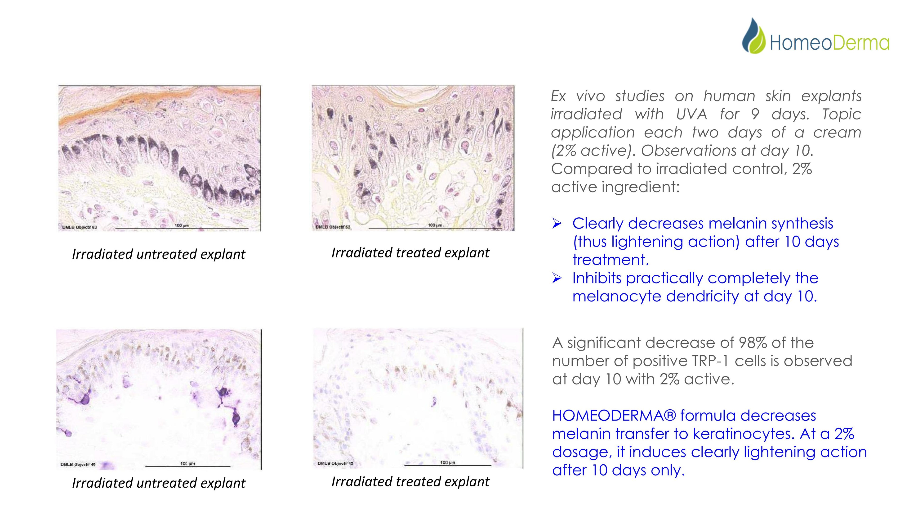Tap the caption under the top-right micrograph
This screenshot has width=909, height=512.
coord(410,253)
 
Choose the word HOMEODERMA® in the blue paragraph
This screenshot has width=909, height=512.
coord(614,416)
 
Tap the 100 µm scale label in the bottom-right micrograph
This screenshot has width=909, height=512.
coord(447,462)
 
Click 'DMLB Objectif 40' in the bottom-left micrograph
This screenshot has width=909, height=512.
coord(78,464)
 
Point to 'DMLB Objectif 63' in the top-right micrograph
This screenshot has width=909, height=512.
coord(333,227)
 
